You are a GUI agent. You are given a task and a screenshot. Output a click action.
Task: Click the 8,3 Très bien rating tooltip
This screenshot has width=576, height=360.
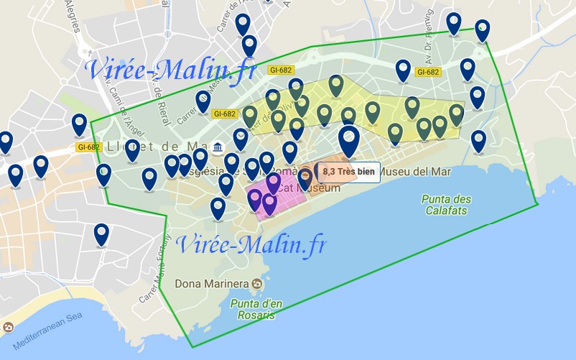[348, 172]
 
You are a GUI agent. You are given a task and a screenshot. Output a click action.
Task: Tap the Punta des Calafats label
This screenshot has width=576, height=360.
[447, 205]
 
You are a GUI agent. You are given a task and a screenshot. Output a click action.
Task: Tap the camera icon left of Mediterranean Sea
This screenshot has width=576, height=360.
[8, 328]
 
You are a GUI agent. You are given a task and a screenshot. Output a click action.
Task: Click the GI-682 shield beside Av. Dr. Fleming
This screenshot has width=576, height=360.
[428, 71]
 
